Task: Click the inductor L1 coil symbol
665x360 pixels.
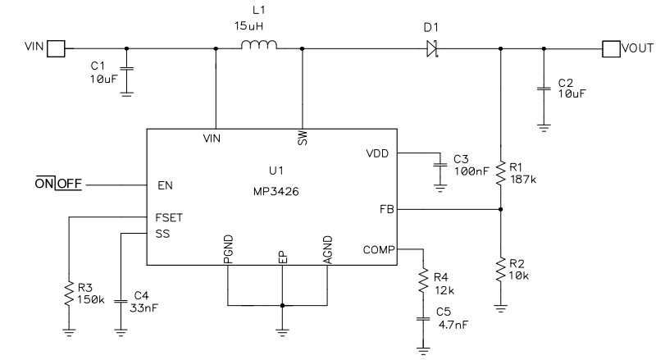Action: [260, 47]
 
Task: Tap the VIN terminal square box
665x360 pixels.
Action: [55, 49]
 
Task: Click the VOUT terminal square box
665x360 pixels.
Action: [612, 49]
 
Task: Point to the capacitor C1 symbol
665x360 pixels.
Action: [125, 69]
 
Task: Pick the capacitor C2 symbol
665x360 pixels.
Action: [542, 86]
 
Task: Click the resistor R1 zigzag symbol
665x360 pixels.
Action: [501, 172]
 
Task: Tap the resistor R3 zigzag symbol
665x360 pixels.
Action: [69, 293]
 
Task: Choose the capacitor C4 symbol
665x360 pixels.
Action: [121, 295]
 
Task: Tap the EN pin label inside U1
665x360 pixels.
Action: [164, 185]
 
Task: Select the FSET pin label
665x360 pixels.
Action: [170, 218]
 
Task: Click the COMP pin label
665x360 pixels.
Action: [377, 249]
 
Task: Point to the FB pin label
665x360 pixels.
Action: [387, 210]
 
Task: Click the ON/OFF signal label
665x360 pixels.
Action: [58, 185]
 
